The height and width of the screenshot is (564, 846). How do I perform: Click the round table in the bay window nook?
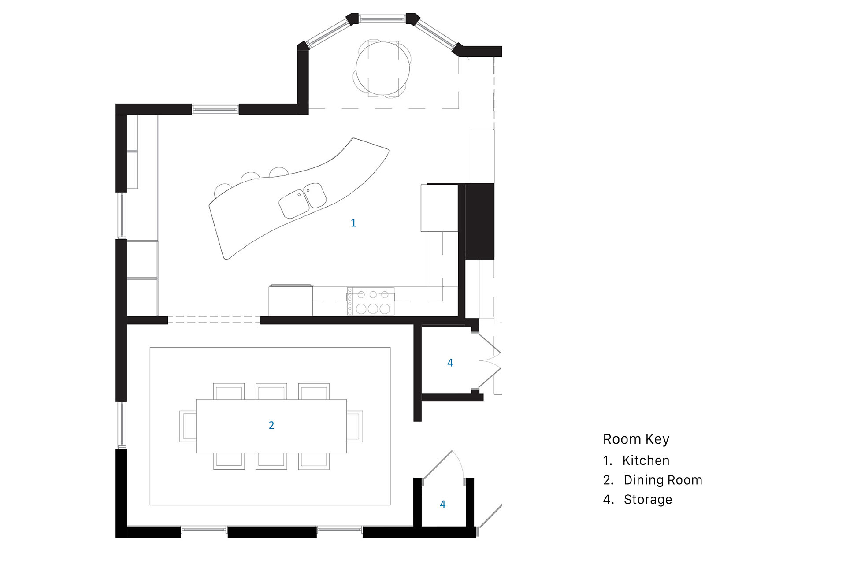pos(382,69)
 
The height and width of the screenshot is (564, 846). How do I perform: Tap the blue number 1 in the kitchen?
pos(353,223)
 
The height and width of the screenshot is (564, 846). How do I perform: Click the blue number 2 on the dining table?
pos(271,425)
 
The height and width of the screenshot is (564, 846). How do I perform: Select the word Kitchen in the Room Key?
pos(646,460)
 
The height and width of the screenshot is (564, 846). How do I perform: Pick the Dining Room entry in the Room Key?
pos(663,480)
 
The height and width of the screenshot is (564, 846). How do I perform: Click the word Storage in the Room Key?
pos(648,499)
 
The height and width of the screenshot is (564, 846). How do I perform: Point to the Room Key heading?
pos(636,439)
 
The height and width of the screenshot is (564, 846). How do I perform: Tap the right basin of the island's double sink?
pos(315,195)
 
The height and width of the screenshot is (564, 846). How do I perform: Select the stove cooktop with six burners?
pos(371,302)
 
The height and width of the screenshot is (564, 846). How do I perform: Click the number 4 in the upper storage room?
pos(450,363)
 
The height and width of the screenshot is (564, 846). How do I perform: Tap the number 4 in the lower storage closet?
pos(442,505)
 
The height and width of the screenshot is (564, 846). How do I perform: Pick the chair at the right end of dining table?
pos(355,426)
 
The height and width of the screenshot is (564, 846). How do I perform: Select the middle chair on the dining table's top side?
pos(271,391)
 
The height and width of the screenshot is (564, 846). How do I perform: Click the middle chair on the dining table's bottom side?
pos(271,461)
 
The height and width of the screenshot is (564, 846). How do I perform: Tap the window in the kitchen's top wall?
pos(215,109)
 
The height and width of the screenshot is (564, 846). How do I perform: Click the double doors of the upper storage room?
pos(489,361)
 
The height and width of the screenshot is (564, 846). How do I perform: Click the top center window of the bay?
pos(382,19)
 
